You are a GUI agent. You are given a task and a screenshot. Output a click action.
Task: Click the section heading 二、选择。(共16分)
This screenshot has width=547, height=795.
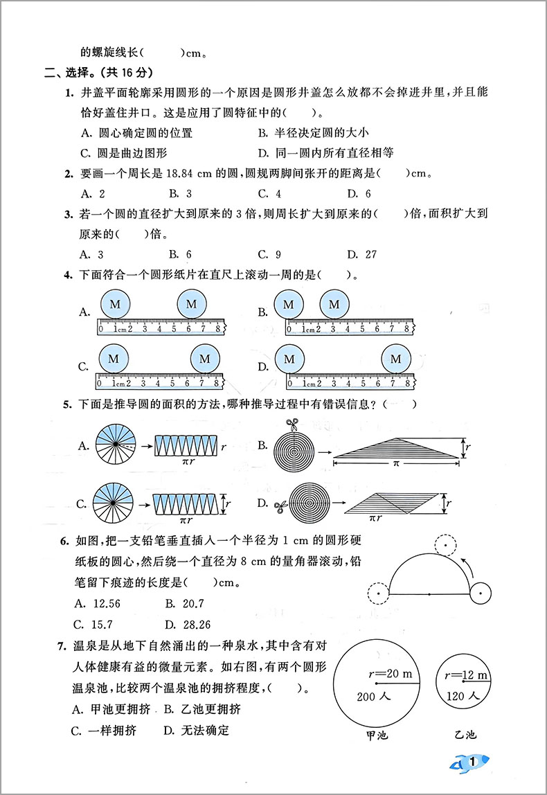pos(98,72)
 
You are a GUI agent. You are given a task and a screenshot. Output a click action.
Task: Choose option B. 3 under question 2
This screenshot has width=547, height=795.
pos(181,194)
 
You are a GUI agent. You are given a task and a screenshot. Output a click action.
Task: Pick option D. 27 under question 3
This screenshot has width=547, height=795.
pos(362,254)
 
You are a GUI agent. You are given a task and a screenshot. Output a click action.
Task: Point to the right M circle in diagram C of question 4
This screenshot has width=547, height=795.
pos(205,359)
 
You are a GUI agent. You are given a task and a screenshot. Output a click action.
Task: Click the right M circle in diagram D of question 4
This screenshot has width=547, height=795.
pos(395,359)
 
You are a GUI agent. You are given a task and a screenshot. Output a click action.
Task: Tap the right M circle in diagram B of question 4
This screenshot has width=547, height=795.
pos(334,304)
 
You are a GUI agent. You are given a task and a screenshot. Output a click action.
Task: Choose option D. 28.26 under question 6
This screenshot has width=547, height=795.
pos(188,624)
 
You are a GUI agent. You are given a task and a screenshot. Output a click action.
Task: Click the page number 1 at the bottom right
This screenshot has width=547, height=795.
pos(472,762)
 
